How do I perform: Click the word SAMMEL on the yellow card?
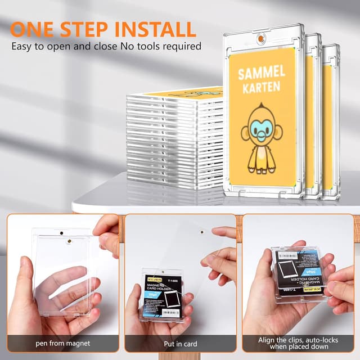(x=262, y=74)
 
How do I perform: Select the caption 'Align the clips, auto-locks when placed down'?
(x=299, y=343)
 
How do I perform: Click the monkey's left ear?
(x=246, y=133)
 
